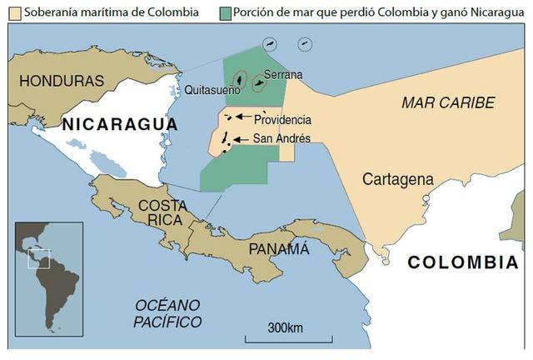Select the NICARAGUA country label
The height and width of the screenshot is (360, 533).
click(120, 124)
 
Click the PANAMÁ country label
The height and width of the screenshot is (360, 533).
click(278, 248)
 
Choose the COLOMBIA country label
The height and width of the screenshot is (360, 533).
click(462, 262)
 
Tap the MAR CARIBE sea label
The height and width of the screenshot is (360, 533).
click(447, 102)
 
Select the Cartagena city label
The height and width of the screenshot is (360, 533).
click(397, 178)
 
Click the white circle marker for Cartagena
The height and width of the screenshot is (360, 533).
click(426, 198)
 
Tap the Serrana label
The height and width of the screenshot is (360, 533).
click(282, 74)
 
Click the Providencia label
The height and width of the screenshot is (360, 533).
click(282, 120)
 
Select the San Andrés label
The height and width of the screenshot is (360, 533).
click(281, 138)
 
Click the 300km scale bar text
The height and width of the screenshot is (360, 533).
click(285, 327)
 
